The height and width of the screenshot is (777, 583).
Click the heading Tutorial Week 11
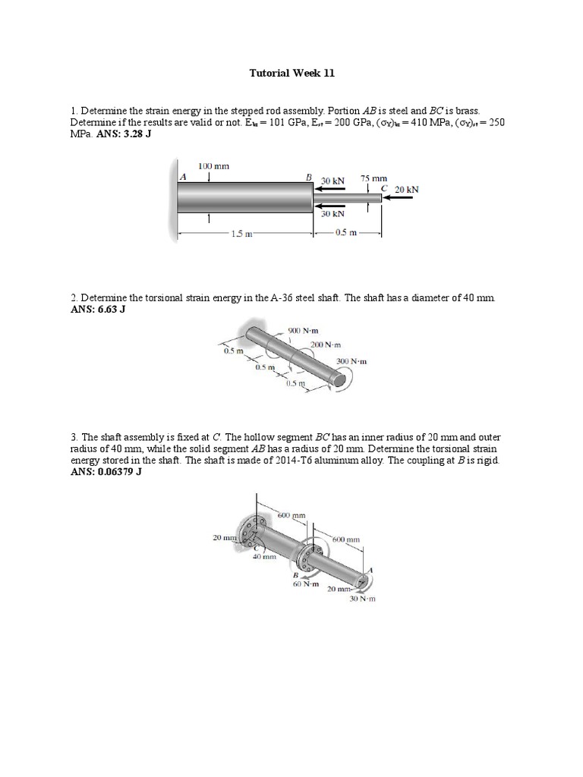click(291, 74)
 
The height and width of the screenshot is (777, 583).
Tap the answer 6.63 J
click(106, 310)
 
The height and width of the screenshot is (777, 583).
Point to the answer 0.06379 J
click(115, 471)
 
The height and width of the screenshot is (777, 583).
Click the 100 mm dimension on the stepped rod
click(213, 165)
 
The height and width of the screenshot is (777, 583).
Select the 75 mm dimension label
click(373, 178)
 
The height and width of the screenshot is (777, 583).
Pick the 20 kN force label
click(407, 190)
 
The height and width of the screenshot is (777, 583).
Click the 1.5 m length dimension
click(242, 234)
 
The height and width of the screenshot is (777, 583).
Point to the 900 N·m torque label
click(304, 331)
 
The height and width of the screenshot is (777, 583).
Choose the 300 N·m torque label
click(351, 362)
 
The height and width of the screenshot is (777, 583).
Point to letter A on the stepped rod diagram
click(182, 177)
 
